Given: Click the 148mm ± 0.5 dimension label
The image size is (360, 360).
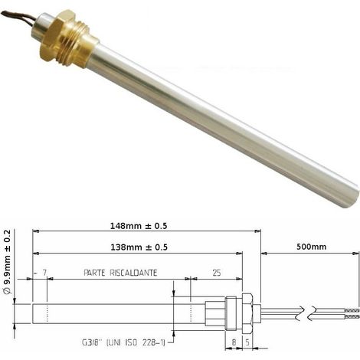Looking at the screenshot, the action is [x=139, y=226].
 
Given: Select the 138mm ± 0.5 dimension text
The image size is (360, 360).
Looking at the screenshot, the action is [x=139, y=247].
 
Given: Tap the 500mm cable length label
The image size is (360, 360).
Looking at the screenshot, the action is [x=311, y=247].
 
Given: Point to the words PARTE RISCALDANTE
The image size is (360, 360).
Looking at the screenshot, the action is [x=120, y=273].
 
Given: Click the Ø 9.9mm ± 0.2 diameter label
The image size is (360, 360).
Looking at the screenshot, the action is [x=8, y=262].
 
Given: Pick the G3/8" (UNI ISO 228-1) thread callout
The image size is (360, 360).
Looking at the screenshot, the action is [x=123, y=342].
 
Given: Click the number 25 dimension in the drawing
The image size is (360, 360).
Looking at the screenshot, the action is [x=216, y=273].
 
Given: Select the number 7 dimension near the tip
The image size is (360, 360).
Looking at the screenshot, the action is [x=44, y=273].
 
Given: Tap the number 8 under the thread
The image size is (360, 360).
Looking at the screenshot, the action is [x=234, y=342].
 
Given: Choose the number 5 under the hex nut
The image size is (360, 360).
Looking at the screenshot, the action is [x=247, y=342].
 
